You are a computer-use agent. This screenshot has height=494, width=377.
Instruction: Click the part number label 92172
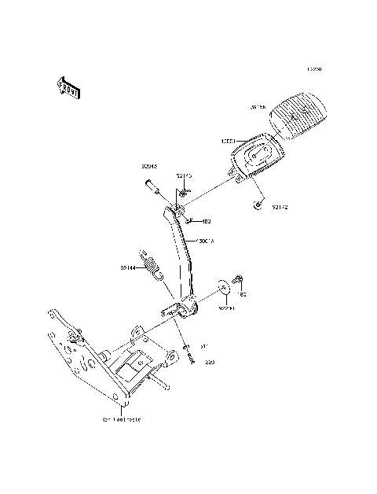pos(281,208)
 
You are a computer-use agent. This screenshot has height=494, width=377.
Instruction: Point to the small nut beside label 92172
pos(258,205)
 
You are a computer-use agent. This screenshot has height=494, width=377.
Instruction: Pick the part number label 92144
pos(129,267)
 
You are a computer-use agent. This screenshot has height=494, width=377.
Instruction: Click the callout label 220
pos(210,363)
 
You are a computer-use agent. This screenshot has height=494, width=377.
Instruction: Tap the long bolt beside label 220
pos(189,356)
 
